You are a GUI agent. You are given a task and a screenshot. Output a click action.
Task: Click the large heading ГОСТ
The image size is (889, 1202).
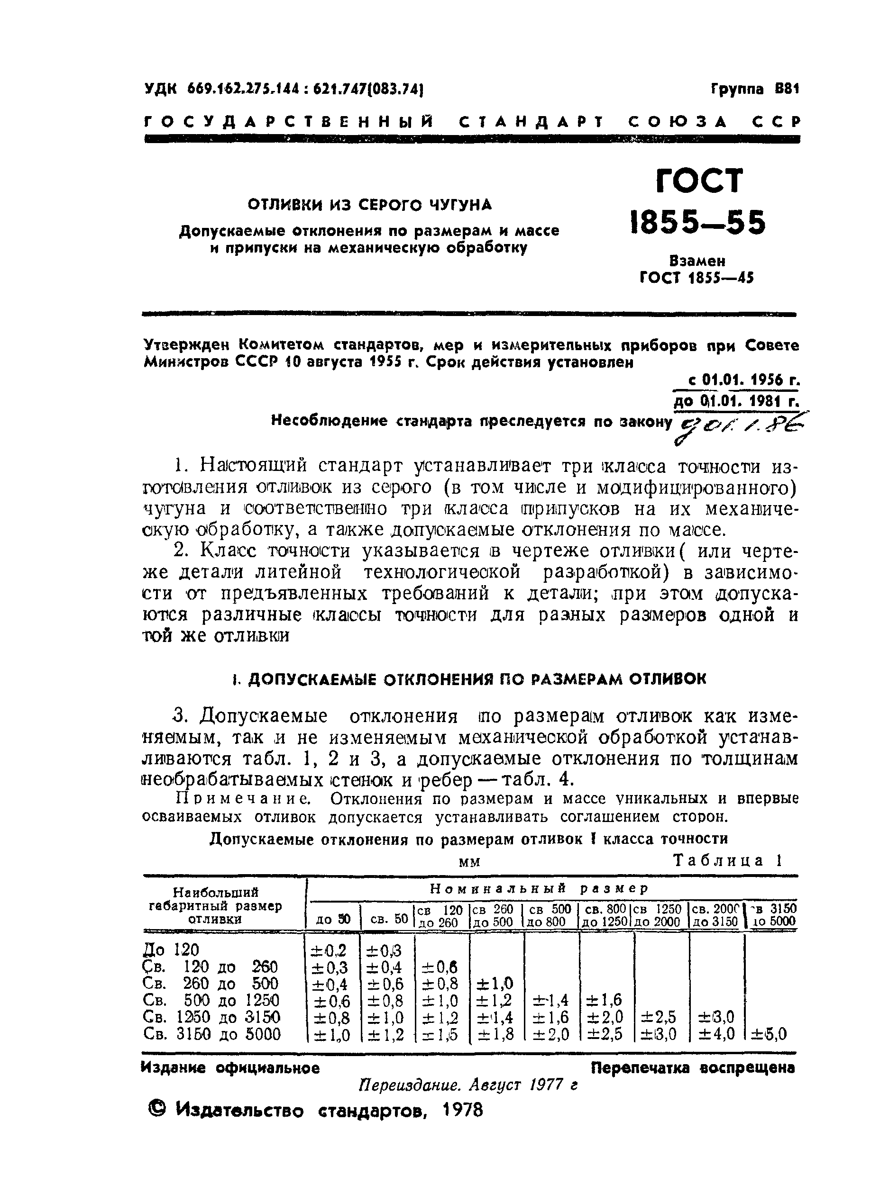point(699,181)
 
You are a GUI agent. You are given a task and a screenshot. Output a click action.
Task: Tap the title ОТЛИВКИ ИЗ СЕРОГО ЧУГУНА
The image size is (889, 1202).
point(370,205)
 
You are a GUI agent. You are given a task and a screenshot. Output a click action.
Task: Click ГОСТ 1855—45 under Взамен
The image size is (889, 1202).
point(697,278)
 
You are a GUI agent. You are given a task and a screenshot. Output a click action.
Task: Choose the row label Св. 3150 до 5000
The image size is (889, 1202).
point(212,1034)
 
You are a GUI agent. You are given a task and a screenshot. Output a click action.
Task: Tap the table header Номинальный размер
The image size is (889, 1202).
point(540,888)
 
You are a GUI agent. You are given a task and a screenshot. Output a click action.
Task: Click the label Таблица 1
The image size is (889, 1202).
point(727,860)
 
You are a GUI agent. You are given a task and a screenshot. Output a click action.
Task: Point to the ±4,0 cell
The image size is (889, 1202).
point(716,1034)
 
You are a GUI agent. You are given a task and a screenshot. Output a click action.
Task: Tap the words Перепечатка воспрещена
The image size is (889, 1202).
point(693,1067)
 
